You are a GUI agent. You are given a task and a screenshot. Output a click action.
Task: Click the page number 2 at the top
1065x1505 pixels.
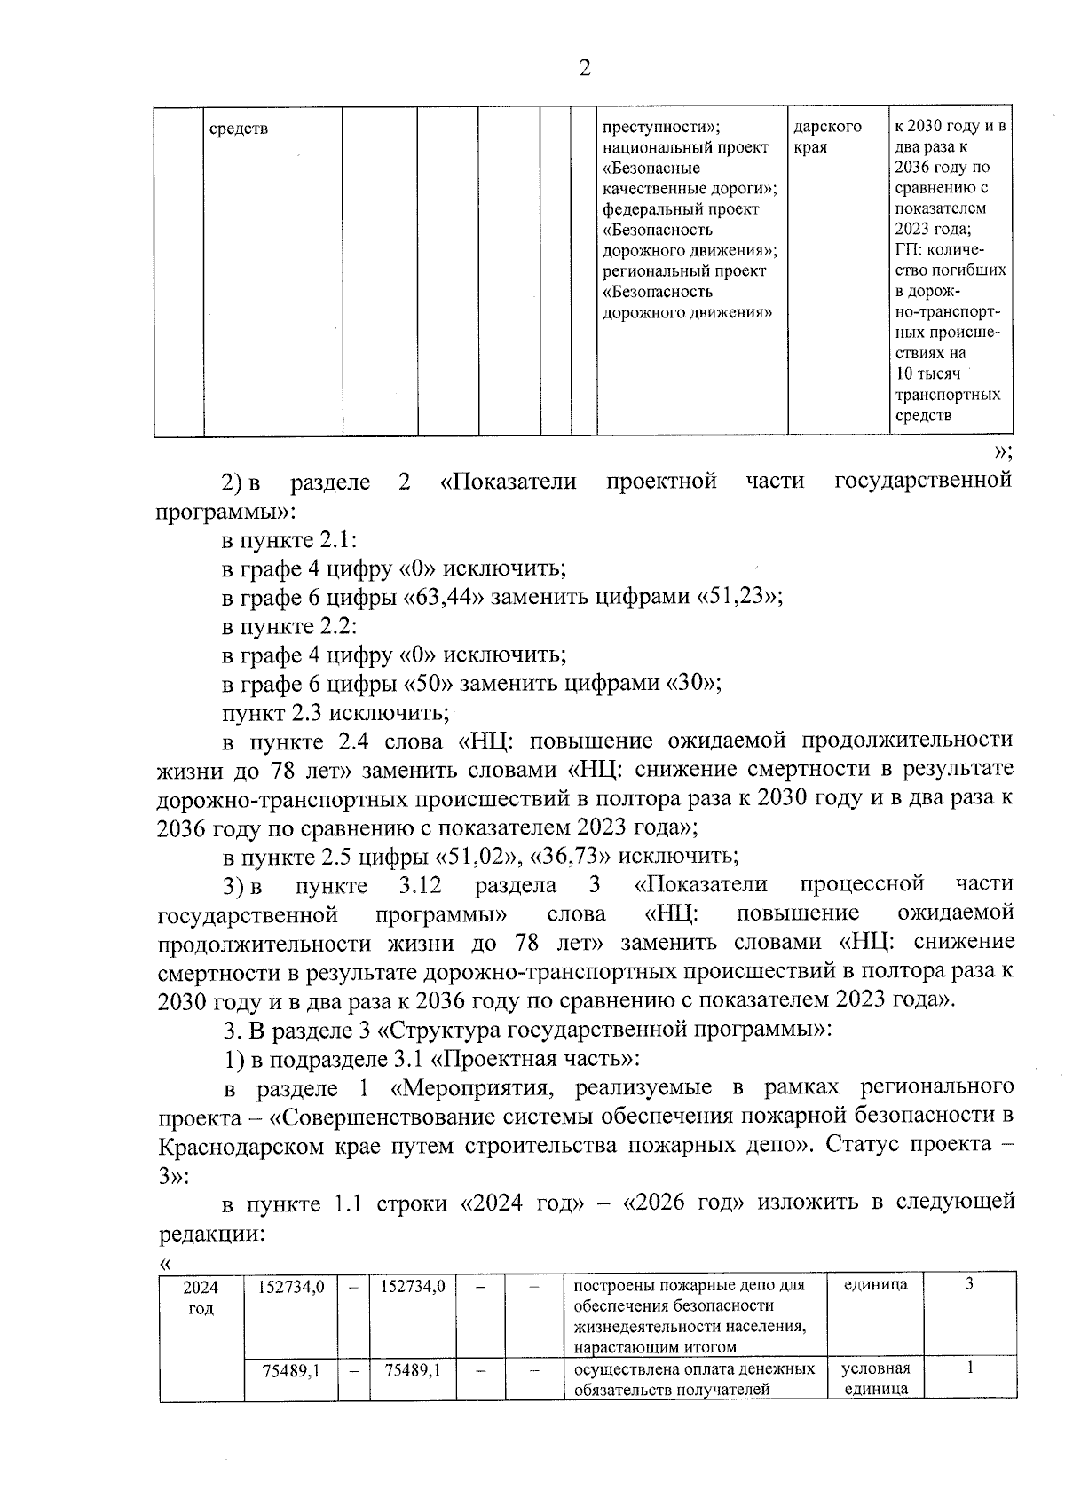click(584, 68)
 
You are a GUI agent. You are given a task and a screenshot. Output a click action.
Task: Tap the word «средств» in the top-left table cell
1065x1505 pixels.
click(238, 129)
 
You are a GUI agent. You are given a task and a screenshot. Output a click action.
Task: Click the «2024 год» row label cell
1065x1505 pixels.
click(201, 1297)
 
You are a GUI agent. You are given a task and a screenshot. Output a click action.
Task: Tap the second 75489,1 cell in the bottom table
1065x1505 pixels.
click(414, 1370)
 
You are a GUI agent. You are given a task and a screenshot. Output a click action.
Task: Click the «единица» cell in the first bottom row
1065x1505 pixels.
click(874, 1285)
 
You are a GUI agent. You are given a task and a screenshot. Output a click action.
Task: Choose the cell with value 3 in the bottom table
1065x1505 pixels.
click(969, 1284)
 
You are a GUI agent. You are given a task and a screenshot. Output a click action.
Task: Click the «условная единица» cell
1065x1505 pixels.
click(874, 1379)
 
